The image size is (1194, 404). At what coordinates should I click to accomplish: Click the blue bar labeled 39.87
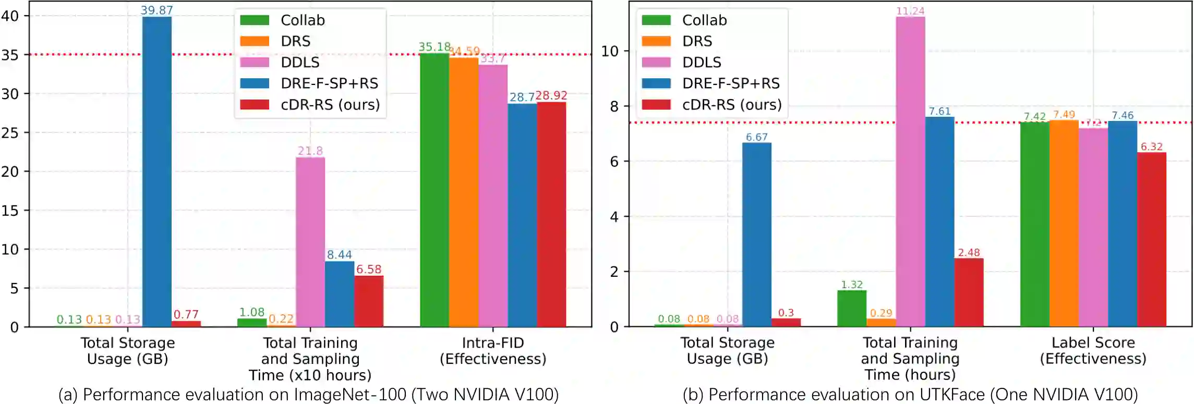point(156,172)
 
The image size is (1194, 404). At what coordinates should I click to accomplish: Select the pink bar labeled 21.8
point(310,242)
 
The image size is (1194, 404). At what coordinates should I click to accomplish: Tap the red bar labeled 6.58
point(369,301)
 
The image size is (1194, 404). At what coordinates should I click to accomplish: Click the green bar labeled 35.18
point(435,190)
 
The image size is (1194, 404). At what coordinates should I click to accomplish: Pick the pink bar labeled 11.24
point(910,172)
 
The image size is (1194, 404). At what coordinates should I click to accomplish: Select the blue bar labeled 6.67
point(756,235)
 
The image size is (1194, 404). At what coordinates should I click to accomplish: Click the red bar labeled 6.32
point(1151,240)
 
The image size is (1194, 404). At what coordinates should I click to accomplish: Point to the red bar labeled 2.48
point(969,292)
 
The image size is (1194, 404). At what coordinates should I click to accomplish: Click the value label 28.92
point(551,95)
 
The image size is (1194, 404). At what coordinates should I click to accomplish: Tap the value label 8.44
point(339,255)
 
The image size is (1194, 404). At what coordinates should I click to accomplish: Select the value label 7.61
point(939,112)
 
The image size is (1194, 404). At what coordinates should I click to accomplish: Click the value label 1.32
point(852,285)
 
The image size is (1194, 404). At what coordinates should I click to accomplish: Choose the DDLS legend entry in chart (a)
point(300,63)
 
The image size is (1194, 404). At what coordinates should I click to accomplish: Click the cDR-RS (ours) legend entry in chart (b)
point(732,105)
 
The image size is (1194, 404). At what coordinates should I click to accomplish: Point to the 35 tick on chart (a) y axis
point(10,55)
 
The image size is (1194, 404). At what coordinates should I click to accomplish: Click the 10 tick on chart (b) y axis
point(610,51)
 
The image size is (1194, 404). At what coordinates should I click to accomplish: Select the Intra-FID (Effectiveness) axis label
point(493,351)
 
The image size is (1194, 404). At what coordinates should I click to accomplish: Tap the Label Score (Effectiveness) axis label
point(1093,351)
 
